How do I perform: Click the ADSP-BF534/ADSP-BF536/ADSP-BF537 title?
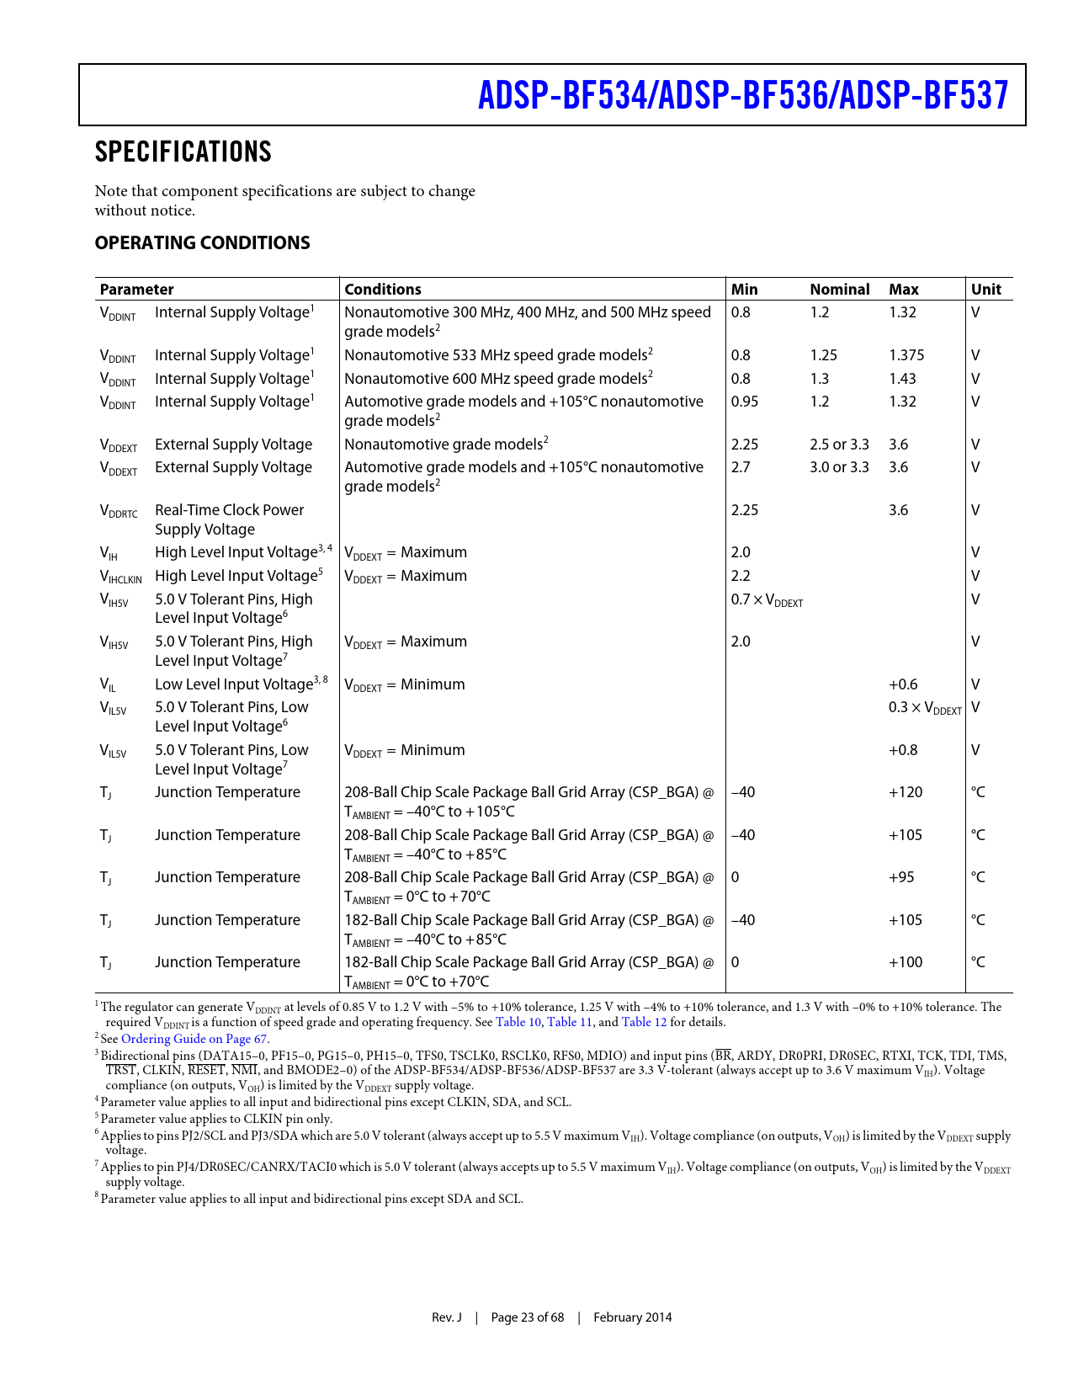point(742,95)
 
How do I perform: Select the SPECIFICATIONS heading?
point(183,152)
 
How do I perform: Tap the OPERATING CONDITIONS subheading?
point(202,242)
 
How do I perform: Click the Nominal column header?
point(839,290)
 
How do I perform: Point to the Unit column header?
point(985,290)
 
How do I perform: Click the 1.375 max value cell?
point(906,355)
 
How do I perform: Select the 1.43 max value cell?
point(902,379)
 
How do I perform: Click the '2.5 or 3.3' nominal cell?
point(839,444)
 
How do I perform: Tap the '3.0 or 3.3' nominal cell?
point(839,467)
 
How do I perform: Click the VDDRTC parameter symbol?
point(119,511)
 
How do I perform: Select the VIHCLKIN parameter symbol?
point(121,577)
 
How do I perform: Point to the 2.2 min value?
point(741,576)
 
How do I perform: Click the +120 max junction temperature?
point(906,792)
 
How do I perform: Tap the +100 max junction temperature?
point(906,962)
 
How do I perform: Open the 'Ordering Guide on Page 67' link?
point(194,1039)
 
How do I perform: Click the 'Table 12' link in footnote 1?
point(644,1022)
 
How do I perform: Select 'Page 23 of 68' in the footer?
point(527,1317)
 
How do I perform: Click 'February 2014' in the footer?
point(632,1317)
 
